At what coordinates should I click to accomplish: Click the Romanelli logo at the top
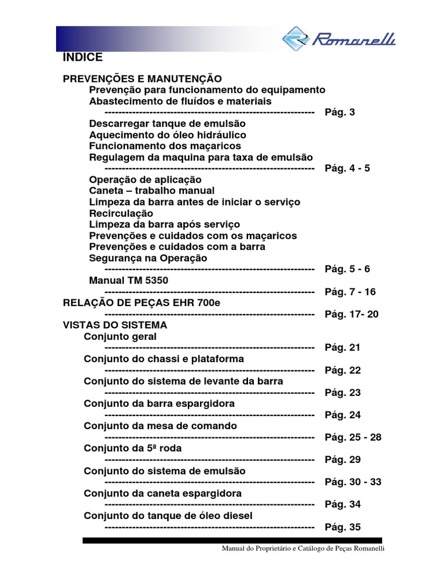[339, 39]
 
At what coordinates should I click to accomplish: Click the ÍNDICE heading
[82, 58]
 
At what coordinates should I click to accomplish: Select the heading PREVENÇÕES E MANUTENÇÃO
[142, 78]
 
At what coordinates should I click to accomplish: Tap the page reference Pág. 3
[340, 112]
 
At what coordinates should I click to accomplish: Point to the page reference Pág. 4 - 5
[347, 168]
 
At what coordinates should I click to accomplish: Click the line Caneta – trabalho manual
[152, 191]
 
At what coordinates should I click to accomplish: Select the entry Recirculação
[121, 213]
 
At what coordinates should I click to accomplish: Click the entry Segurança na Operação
[148, 258]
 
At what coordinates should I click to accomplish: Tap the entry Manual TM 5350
[129, 280]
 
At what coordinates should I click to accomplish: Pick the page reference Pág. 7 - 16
[350, 292]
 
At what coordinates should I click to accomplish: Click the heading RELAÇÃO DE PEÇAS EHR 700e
[141, 303]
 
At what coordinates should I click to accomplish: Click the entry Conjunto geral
[120, 336]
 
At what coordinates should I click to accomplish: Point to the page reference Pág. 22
[343, 370]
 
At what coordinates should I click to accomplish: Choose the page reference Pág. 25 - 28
[353, 437]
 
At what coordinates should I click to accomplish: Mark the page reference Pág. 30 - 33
[353, 482]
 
